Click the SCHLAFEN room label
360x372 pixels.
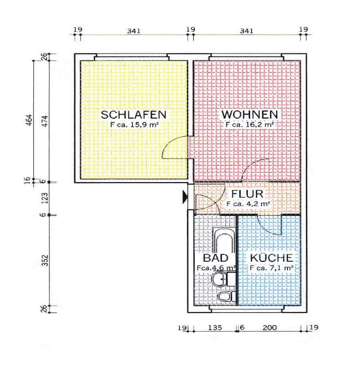click(134, 115)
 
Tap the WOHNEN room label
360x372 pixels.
click(250, 115)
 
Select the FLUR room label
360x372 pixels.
click(247, 194)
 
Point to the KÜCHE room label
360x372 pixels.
click(272, 258)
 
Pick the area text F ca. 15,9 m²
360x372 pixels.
click(134, 125)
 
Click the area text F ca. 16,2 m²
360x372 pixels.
click(250, 125)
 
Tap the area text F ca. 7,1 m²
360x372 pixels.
click(272, 268)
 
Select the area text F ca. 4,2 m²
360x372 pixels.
click(248, 204)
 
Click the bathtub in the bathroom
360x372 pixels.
click(224, 241)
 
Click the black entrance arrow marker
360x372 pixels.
click(185, 197)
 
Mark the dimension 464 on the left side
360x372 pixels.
click(29, 120)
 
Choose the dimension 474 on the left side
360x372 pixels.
click(45, 121)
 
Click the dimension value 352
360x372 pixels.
click(45, 260)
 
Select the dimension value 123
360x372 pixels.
click(44, 198)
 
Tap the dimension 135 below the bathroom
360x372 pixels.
click(215, 328)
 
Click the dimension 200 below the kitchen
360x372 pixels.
click(270, 328)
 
